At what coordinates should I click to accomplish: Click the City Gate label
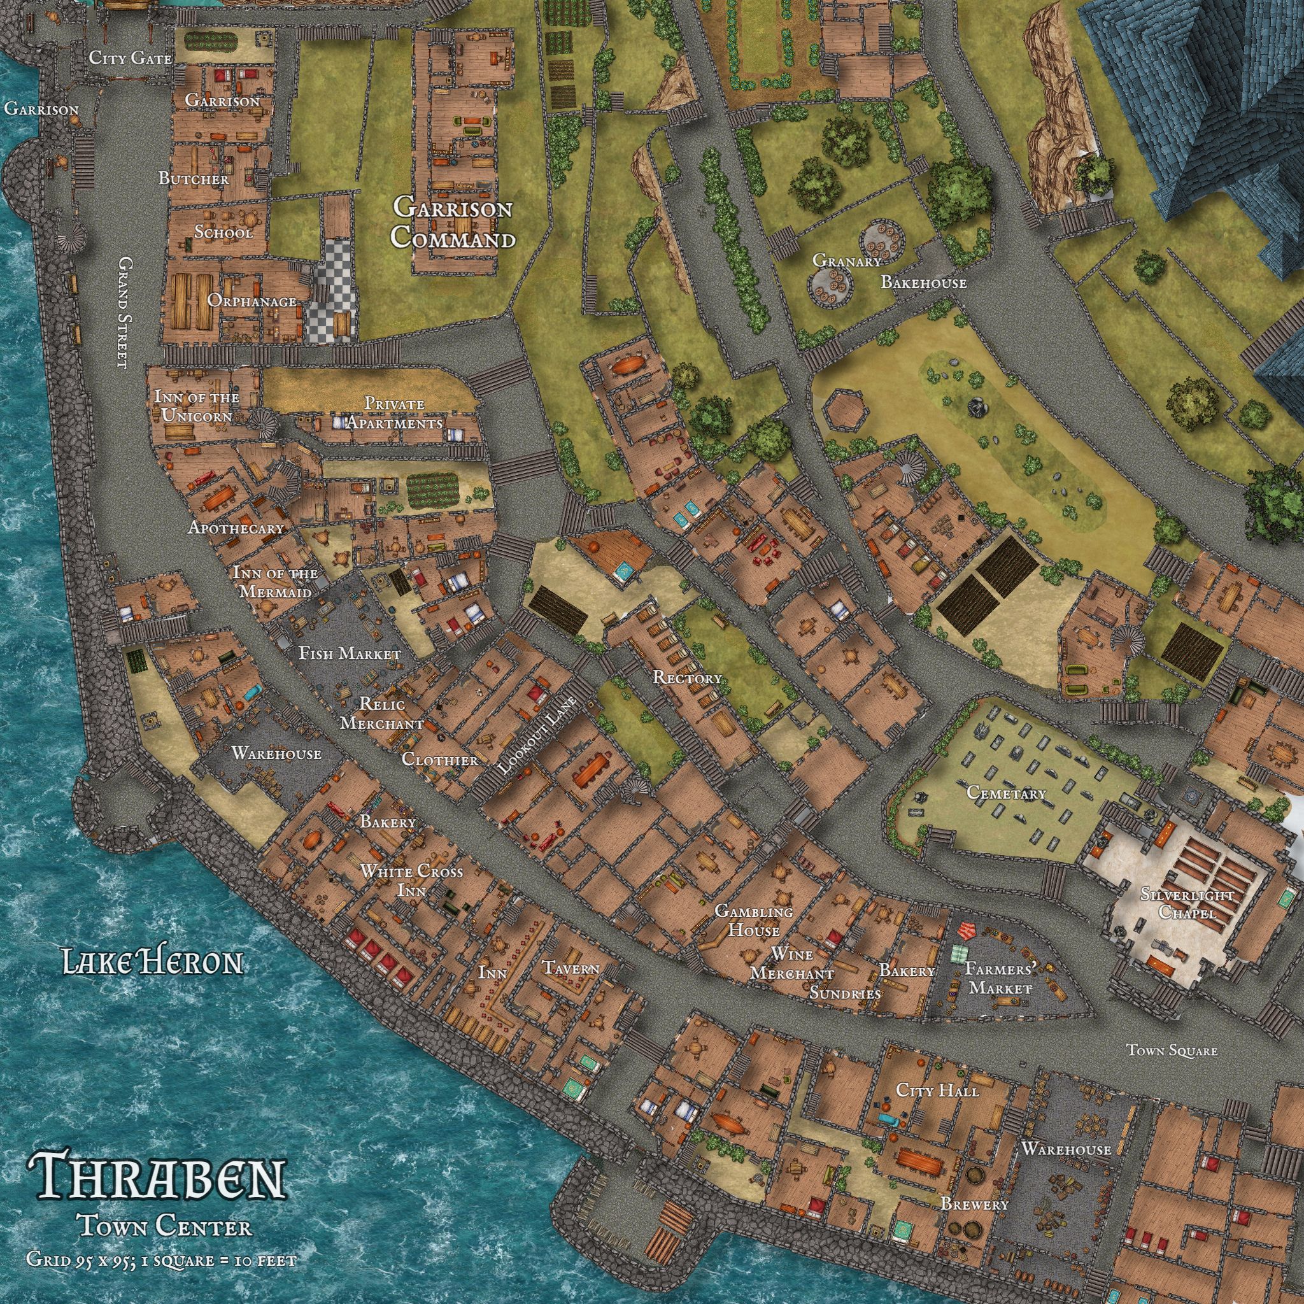point(131,58)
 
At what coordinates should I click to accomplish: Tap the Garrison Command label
point(453,222)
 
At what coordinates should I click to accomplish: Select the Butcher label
point(194,179)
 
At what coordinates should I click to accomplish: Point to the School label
point(223,232)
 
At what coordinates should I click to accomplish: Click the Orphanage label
point(252,301)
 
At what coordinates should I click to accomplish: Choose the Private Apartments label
point(395,413)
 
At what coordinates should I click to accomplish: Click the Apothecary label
point(236,528)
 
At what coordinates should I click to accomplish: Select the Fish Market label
point(350,653)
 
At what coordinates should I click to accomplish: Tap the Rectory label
point(687,677)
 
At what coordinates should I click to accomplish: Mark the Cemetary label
point(1005,793)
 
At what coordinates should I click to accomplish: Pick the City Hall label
point(937,1090)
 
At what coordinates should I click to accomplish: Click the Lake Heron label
point(153,962)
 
